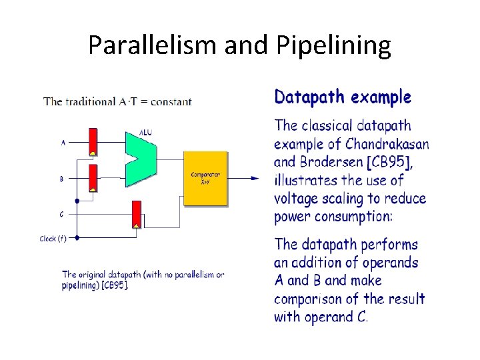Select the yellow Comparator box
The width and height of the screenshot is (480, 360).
click(206, 178)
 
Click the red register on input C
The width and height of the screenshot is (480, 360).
click(137, 215)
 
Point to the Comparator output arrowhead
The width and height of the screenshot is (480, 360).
click(255, 178)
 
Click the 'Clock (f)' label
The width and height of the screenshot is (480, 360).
click(53, 238)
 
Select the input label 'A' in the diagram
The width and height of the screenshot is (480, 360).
click(63, 142)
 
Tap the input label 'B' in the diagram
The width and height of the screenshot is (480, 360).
click(62, 179)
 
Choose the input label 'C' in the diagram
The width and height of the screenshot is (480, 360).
click(62, 215)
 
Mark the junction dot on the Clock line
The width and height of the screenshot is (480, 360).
click(77, 237)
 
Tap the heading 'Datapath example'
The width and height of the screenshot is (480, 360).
click(343, 97)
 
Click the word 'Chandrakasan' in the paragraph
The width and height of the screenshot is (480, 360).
click(387, 143)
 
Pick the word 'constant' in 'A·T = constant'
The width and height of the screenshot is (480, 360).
click(171, 102)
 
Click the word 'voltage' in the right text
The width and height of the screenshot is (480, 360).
click(299, 199)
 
